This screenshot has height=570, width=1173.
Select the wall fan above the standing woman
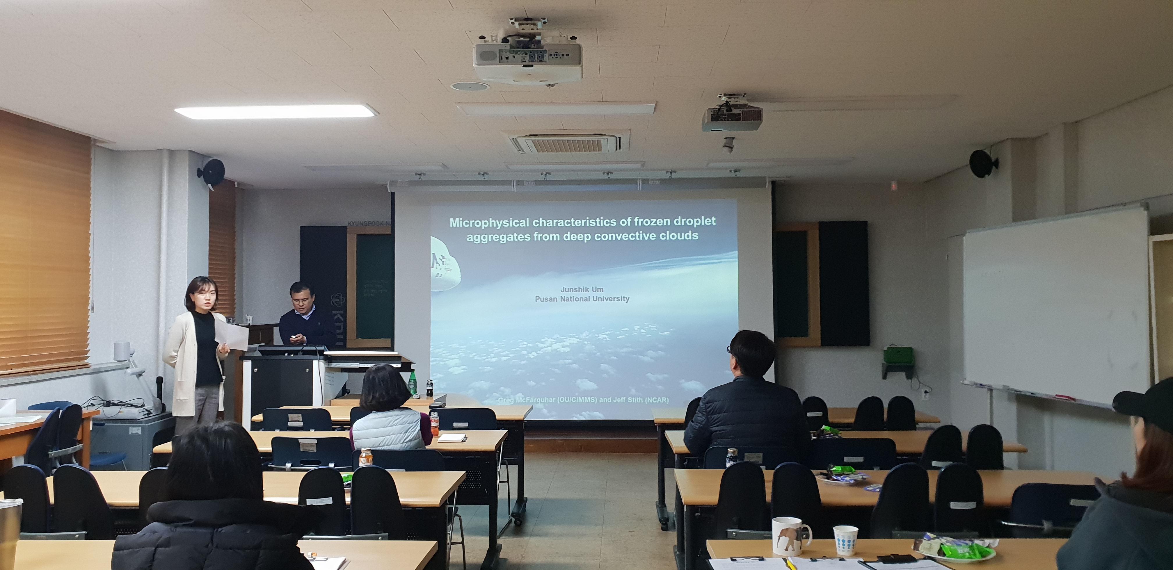tap(212, 172)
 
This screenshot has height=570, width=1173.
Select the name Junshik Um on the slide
tap(582, 289)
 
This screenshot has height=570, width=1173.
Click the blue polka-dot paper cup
tap(845, 540)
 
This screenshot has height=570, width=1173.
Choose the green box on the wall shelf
tap(898, 355)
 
